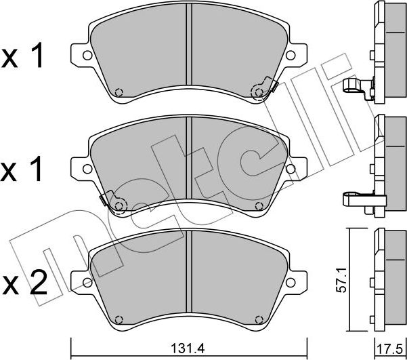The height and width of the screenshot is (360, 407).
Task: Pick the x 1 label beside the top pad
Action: point(24,58)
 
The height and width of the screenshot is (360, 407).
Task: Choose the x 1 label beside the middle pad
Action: point(24,167)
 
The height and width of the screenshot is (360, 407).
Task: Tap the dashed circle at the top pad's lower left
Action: point(119,94)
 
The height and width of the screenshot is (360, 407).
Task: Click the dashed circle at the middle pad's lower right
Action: point(259,205)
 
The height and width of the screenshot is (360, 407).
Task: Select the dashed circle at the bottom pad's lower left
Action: point(119,318)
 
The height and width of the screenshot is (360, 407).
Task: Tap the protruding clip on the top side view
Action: point(358,87)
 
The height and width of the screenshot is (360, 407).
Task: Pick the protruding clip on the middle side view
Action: point(358,198)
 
